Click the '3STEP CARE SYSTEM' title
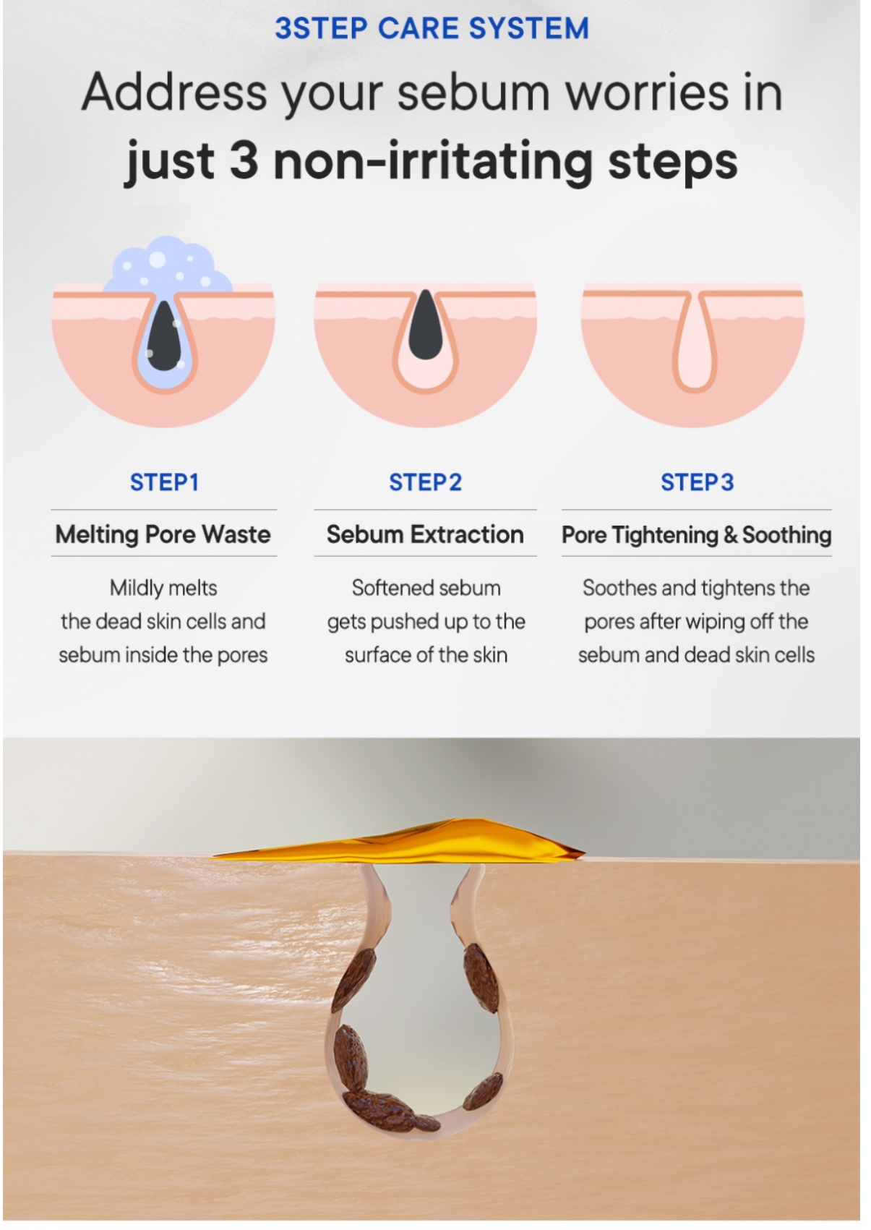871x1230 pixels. tap(432, 28)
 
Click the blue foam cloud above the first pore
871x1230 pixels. tap(168, 265)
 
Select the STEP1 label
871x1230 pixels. tap(164, 482)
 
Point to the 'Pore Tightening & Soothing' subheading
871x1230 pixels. tap(697, 535)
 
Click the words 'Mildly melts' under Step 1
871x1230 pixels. tap(163, 588)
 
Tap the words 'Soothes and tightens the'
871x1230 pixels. tap(696, 588)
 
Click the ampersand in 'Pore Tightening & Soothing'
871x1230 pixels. tap(730, 535)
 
